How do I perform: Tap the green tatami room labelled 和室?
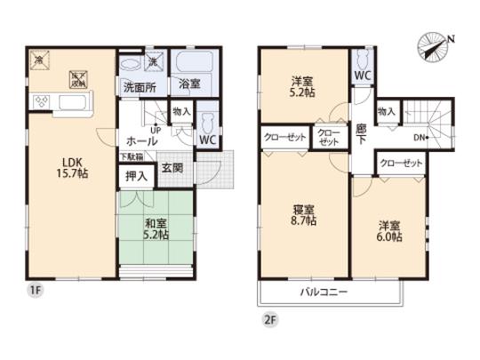click(155, 228)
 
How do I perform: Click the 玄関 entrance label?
click(172, 168)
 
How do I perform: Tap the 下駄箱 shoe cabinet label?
click(131, 157)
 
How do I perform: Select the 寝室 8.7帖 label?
click(304, 214)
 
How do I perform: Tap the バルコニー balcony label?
click(323, 292)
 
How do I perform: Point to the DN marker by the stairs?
click(420, 137)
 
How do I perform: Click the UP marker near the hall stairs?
click(156, 129)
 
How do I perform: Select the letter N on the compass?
click(451, 39)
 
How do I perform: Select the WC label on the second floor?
click(363, 76)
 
